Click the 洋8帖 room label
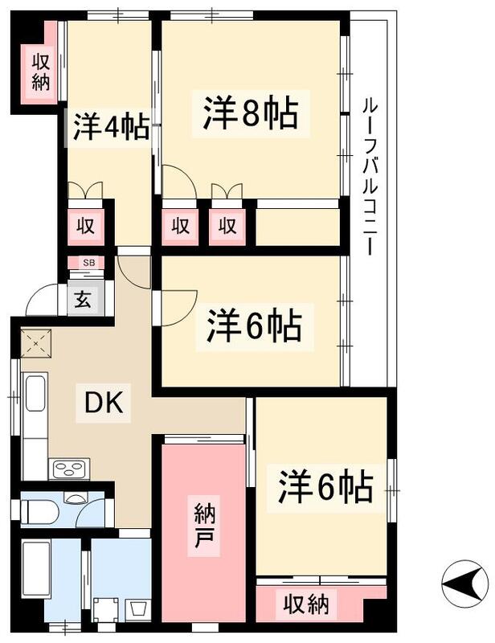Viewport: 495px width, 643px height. point(250,113)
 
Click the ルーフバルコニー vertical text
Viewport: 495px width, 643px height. point(369,176)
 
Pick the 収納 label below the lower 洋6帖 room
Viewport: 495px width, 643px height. point(309,604)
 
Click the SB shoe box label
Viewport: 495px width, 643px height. point(88,263)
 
